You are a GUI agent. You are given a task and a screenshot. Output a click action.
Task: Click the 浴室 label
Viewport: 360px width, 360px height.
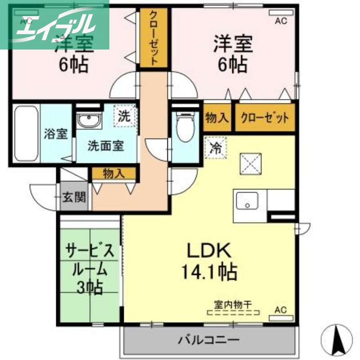coord(56,134)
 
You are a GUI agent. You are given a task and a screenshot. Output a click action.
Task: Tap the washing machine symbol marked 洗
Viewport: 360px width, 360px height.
coord(123,116)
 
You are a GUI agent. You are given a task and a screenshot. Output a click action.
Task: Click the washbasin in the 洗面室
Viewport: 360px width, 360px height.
coord(89,121)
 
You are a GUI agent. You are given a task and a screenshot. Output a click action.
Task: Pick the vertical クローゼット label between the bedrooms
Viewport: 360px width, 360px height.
coord(153,38)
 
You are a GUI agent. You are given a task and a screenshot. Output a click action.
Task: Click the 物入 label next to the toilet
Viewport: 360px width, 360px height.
coord(217,118)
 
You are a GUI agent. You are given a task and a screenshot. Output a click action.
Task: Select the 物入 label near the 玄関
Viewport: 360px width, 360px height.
coord(113,173)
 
